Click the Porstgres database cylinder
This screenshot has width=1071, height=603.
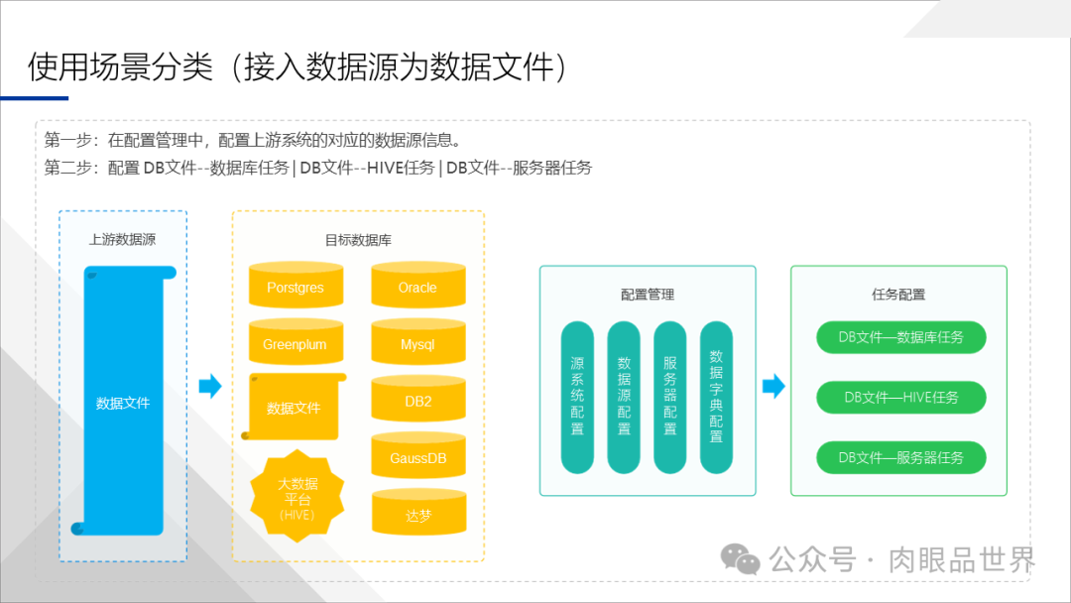[x=295, y=286]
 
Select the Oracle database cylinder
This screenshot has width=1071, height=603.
[x=417, y=286]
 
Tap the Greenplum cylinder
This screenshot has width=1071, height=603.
[x=295, y=343]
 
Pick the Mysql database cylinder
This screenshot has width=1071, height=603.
[x=417, y=343]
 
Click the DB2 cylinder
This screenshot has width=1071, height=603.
[x=417, y=400]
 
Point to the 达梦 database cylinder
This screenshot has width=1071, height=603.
[x=417, y=514]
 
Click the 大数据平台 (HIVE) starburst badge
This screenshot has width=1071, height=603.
[x=297, y=496]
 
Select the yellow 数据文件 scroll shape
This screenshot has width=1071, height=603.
[x=295, y=407]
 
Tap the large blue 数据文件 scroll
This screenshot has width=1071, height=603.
[x=123, y=402]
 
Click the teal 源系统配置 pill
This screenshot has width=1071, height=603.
[x=577, y=397]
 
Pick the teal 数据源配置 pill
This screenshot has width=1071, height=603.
[x=624, y=397]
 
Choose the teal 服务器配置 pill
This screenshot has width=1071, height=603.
[x=670, y=397]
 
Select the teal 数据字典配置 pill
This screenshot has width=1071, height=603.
[x=716, y=397]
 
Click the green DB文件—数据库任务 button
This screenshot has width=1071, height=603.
[x=900, y=337]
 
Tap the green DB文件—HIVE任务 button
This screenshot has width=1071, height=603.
[x=900, y=398]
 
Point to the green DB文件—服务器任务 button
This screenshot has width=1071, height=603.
[x=900, y=457]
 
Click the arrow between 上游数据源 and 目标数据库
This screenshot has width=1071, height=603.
[x=210, y=387]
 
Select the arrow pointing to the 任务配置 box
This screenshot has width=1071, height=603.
[x=773, y=387]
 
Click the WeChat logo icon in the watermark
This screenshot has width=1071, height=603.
[x=740, y=559]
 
